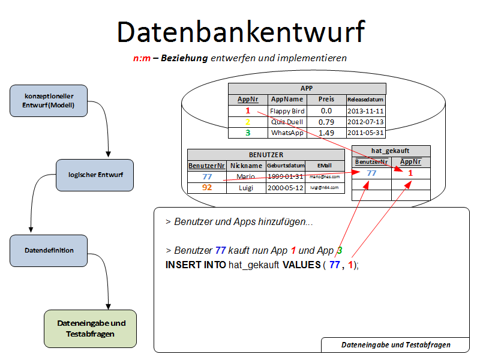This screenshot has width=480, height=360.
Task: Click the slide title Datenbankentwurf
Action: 240,32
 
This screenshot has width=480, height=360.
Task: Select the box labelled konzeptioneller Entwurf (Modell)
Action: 49,101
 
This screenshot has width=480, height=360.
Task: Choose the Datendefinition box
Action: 49,250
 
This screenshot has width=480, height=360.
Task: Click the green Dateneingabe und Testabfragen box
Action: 91,328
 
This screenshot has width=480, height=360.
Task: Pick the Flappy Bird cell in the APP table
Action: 287,111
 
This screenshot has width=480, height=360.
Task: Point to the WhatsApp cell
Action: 287,133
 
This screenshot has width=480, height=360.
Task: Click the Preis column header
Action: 326,100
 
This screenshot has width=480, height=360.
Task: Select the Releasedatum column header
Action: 365,100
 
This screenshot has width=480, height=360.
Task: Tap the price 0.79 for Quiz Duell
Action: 326,122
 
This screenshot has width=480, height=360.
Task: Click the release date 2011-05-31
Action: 365,133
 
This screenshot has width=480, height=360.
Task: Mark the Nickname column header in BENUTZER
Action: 246,166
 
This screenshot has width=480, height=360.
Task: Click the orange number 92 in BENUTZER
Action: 207,188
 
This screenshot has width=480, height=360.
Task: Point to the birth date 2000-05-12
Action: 285,188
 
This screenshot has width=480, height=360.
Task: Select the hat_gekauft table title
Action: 391,151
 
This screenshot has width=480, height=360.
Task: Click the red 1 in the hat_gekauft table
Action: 410,173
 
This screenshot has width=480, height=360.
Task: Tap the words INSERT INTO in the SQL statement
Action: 196,265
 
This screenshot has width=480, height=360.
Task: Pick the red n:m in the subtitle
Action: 142,58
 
